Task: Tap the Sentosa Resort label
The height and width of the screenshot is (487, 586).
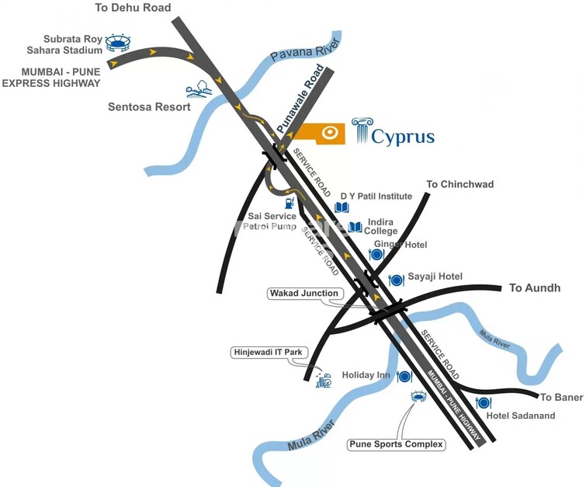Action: point(149,107)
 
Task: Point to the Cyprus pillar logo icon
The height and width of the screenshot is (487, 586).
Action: point(362,131)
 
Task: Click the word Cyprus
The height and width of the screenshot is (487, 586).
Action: point(403,137)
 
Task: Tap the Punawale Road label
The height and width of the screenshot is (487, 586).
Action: point(300,99)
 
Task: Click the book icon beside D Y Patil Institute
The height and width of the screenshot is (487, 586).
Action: point(342,207)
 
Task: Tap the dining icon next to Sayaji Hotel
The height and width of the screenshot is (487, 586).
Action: point(395,279)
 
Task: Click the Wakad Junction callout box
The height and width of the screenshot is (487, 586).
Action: point(304,294)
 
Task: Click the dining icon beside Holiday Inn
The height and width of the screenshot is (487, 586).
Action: point(404,377)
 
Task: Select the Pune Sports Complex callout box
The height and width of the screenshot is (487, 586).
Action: point(397,445)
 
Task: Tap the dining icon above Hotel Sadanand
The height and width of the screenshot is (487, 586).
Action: point(483,402)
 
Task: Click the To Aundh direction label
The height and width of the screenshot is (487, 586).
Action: point(534,288)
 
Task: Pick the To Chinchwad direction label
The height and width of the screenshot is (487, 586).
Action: point(460,184)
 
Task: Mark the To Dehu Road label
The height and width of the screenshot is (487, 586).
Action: point(133,8)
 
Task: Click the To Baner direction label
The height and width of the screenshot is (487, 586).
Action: point(561,398)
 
